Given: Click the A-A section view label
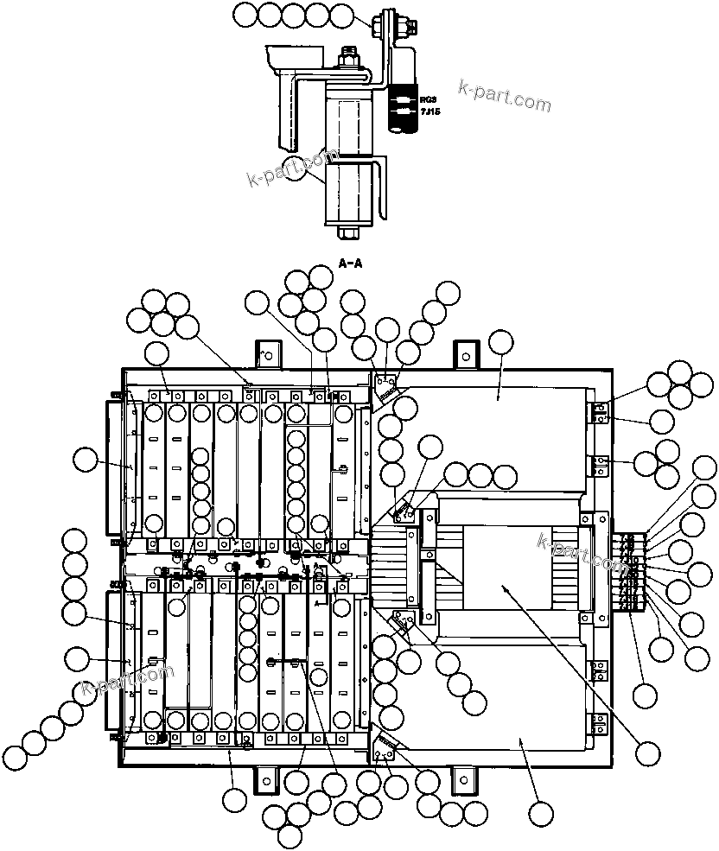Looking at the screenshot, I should coord(350,264).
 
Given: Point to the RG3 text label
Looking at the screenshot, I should coord(428,101).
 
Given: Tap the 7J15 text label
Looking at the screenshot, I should coord(429,112).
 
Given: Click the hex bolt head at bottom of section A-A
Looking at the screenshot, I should coord(348,232).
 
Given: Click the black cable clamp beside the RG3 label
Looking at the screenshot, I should coord(402,108).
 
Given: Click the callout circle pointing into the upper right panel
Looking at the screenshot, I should coord(500,342).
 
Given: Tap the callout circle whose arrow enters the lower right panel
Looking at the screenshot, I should coord(541,813).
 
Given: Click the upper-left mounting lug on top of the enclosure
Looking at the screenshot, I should coord(268,353).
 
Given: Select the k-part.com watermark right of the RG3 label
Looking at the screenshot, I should coord(505,96).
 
